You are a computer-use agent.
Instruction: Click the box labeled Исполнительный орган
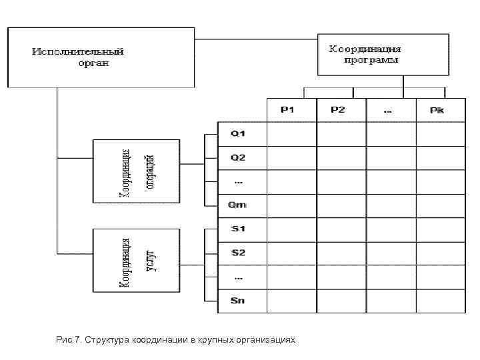[101, 57]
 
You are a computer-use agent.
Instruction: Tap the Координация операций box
[137, 171]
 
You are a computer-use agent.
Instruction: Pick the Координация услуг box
[137, 260]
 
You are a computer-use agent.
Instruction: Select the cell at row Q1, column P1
[291, 134]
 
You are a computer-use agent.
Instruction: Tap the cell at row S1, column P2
[341, 229]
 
